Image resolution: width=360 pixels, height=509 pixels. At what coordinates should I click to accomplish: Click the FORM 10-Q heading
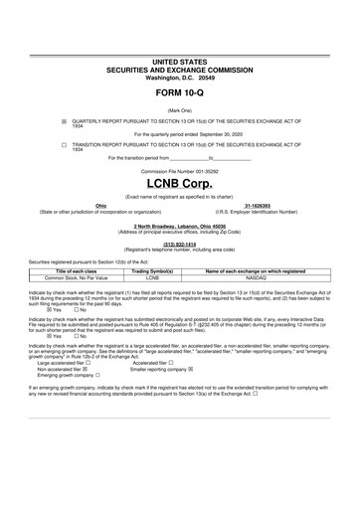coord(179,91)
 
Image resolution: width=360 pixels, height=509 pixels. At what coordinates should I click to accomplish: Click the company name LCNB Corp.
coord(179,186)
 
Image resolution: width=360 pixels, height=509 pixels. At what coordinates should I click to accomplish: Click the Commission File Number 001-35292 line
coord(179,171)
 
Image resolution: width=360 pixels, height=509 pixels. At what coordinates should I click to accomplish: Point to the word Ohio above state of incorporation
coord(100,206)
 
